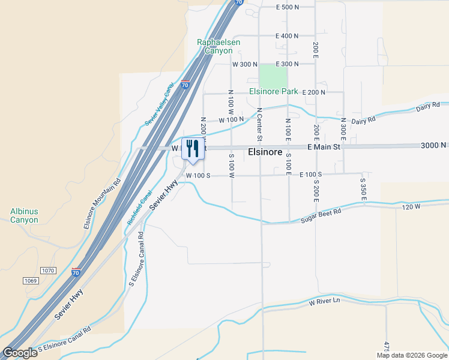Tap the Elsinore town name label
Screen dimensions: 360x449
pyautogui.click(x=265, y=152)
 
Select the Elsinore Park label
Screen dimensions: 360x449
pyautogui.click(x=274, y=92)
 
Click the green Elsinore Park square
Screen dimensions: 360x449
pyautogui.click(x=273, y=76)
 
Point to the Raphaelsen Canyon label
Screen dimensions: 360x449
pyautogui.click(x=214, y=47)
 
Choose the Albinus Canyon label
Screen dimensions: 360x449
pyautogui.click(x=24, y=215)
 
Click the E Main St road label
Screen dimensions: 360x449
pyautogui.click(x=324, y=146)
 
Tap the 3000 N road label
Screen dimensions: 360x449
pyautogui.click(x=433, y=145)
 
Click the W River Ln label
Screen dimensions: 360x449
pyautogui.click(x=324, y=302)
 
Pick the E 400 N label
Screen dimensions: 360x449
pyautogui.click(x=287, y=36)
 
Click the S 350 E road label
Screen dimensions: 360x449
pyautogui.click(x=363, y=188)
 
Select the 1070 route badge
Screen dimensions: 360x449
pyautogui.click(x=48, y=271)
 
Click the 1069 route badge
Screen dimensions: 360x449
pyautogui.click(x=31, y=281)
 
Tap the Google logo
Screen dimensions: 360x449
pyautogui.click(x=20, y=353)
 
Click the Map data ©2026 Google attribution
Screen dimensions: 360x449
pyautogui.click(x=412, y=355)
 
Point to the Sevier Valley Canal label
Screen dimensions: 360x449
pyautogui.click(x=160, y=104)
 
